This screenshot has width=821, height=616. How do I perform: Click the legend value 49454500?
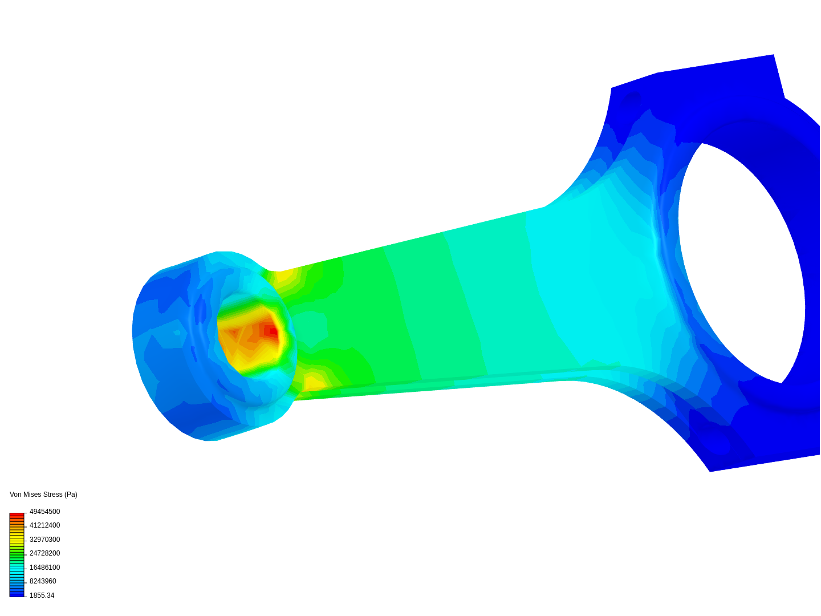coord(44,512)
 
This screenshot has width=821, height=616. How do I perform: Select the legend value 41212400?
coord(44,525)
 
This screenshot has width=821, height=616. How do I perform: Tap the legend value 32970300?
coord(44,540)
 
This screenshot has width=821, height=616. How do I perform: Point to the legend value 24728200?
coord(44,553)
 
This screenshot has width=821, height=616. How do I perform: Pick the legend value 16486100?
coord(44,568)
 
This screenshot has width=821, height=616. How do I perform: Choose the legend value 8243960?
coord(43,581)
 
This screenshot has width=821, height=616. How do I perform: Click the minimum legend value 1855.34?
coord(42,595)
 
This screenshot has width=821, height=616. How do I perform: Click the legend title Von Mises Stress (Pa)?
coord(43,495)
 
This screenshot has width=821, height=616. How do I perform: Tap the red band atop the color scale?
coord(17,514)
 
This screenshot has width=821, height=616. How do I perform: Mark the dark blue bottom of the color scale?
coord(17,594)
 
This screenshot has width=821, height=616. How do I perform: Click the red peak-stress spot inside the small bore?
coord(273,331)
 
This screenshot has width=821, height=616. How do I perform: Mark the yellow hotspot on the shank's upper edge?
coord(283,278)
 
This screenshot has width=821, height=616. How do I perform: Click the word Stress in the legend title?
coord(53,495)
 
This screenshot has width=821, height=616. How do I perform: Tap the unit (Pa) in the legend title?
coord(71,495)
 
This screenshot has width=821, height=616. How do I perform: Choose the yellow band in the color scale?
coord(17,538)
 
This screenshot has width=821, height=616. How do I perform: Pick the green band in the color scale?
coord(17,554)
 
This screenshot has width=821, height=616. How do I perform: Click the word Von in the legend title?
coord(16,495)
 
